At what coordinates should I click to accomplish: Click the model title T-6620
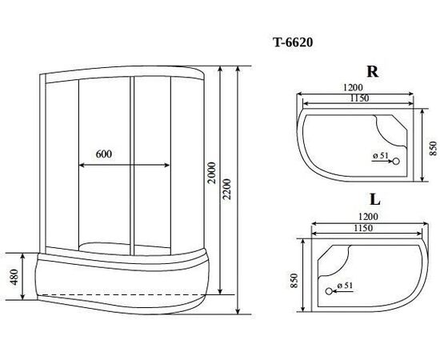293,42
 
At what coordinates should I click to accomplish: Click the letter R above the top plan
373,71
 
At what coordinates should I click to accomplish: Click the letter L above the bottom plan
375,200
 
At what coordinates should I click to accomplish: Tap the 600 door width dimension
104,154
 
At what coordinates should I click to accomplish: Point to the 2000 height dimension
212,173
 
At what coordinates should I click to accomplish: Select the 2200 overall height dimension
226,189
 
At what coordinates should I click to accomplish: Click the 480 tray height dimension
14,277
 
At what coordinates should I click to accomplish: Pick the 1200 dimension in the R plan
353,87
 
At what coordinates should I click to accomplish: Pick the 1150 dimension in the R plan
359,98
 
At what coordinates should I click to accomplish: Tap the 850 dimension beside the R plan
434,148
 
